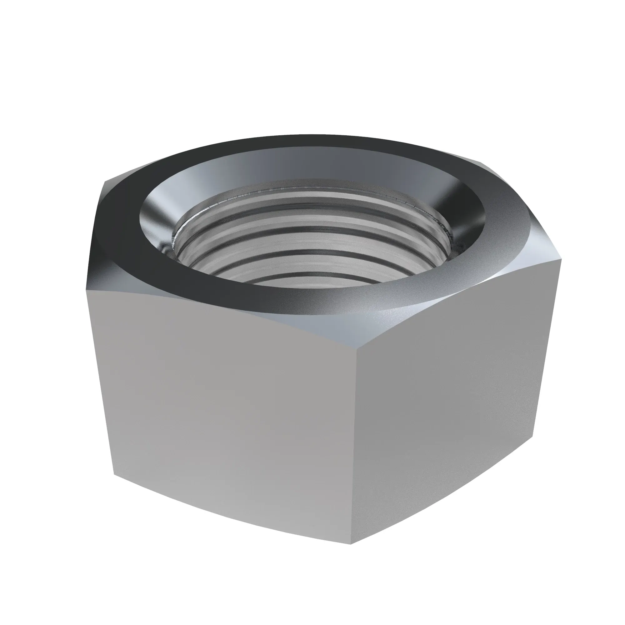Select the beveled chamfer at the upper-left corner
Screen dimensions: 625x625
point(103,207)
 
